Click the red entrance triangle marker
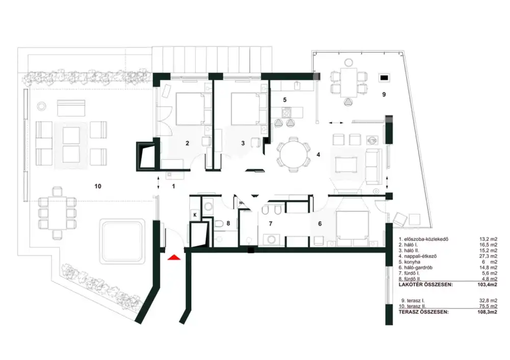[174, 257]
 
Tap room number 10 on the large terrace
[97, 186]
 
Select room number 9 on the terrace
[384, 94]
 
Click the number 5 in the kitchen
[285, 100]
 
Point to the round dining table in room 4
[293, 155]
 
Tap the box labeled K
[195, 215]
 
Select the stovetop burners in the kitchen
[286, 113]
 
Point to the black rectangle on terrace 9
[385, 78]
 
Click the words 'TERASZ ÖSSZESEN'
[423, 312]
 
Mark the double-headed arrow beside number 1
[159, 182]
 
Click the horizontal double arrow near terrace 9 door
[336, 123]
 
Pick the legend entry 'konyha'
[412, 262]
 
